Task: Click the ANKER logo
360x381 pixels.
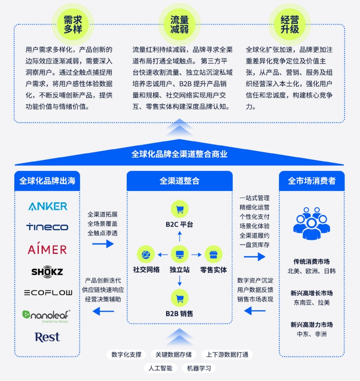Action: (x=48, y=206)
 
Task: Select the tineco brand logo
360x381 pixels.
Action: (x=47, y=227)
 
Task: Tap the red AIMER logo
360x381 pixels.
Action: (x=47, y=249)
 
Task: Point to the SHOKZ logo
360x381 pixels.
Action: (x=47, y=271)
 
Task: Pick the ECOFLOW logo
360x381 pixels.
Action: (x=48, y=292)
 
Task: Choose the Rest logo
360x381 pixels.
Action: (x=47, y=337)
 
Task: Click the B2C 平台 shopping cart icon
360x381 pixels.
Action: (x=180, y=209)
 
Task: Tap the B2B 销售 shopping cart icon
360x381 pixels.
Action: (x=180, y=298)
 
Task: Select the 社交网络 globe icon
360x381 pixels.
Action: (x=147, y=254)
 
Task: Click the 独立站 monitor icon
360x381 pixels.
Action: (x=180, y=254)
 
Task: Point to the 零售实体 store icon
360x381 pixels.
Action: (x=213, y=254)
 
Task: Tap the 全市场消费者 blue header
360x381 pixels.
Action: (x=312, y=181)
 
